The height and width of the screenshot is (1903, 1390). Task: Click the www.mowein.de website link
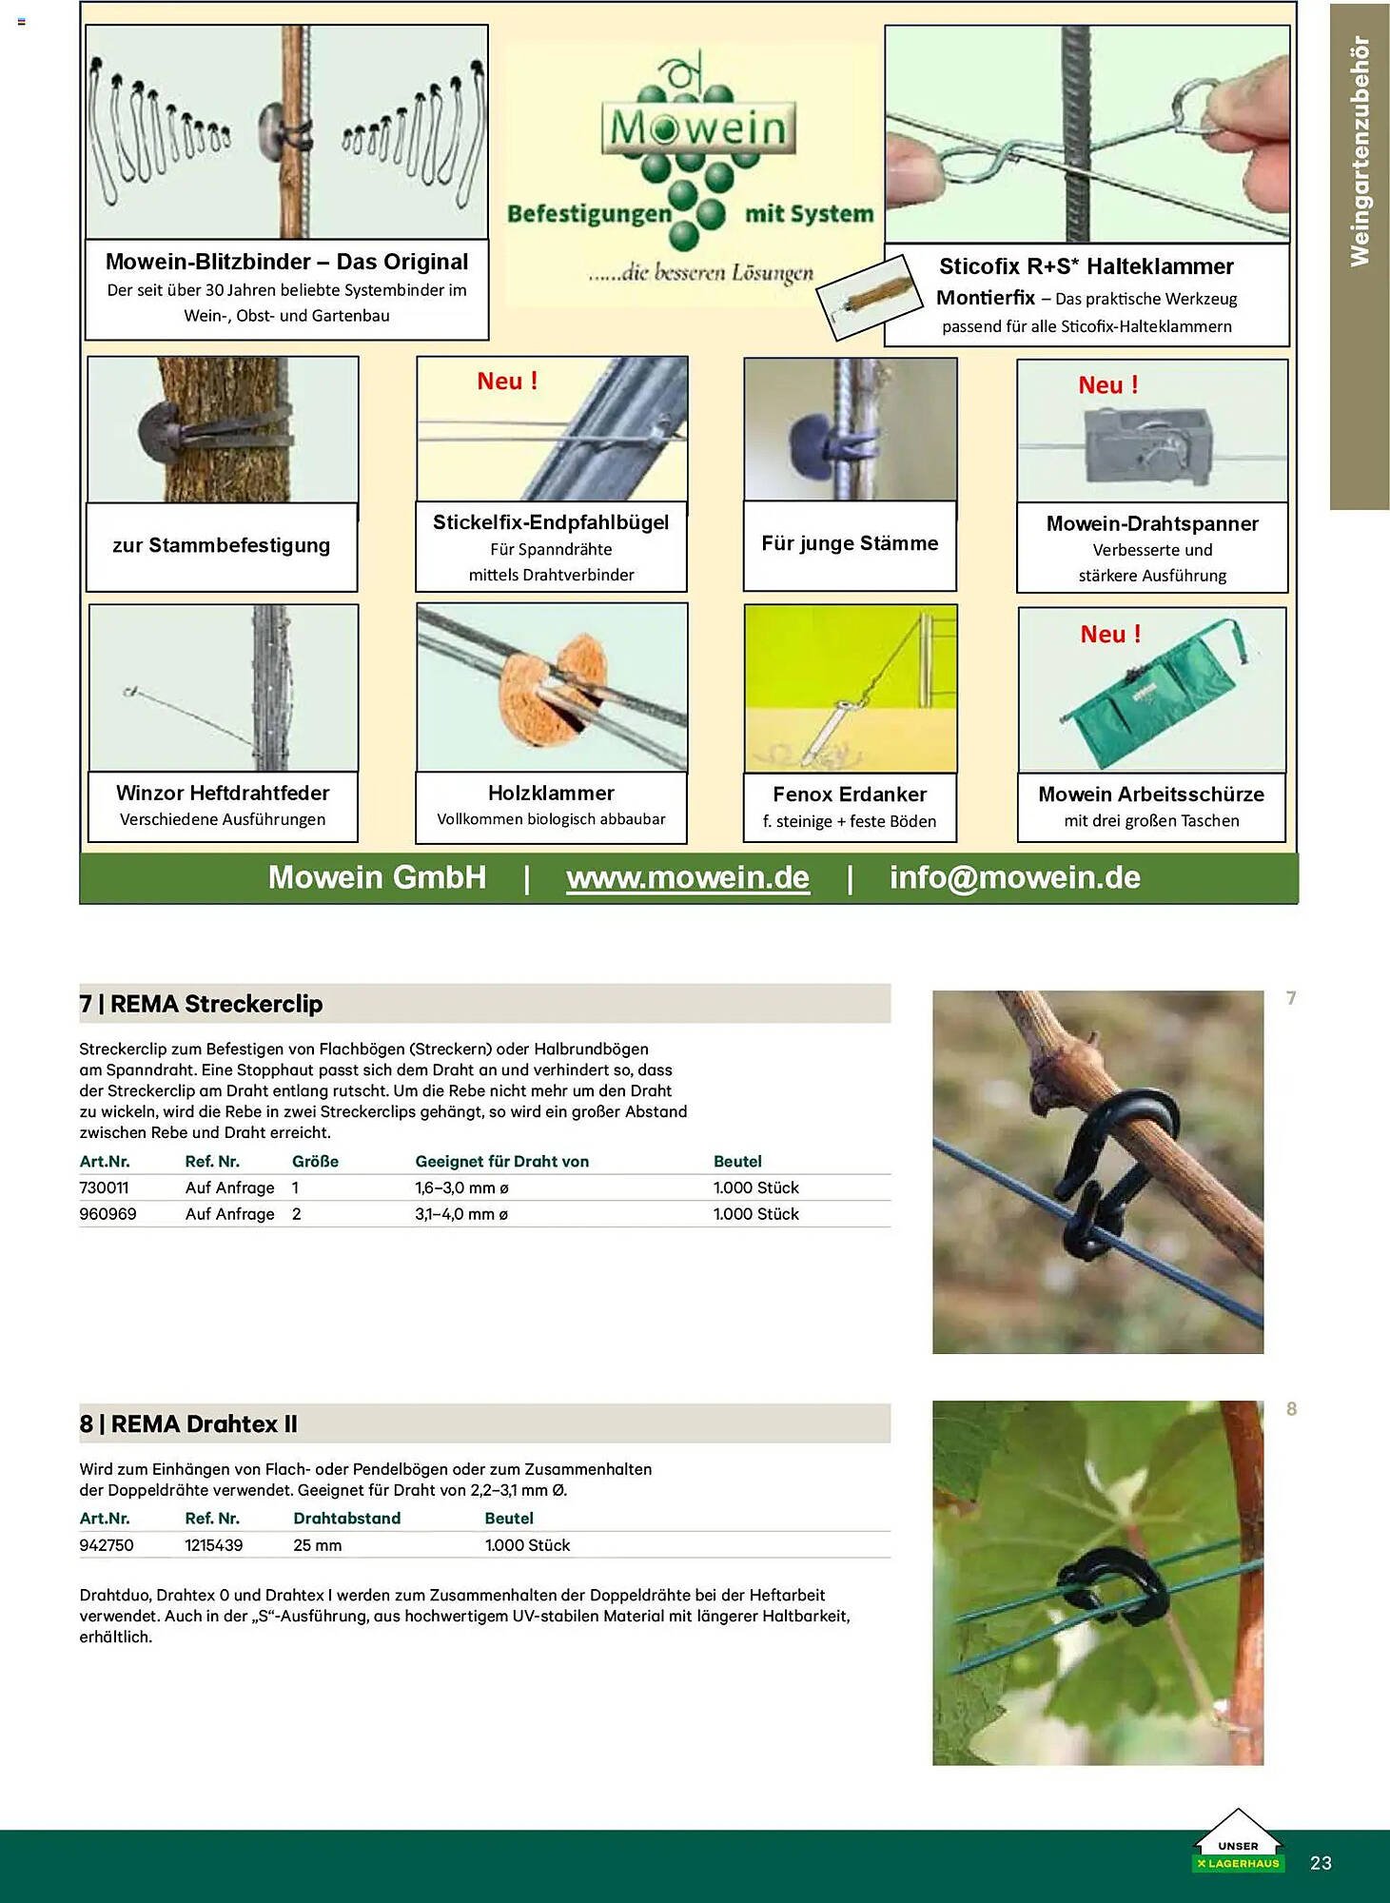687,877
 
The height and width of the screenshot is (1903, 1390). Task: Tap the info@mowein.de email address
1014,877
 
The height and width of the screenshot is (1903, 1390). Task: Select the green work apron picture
1151,690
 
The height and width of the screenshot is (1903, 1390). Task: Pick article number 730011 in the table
104,1187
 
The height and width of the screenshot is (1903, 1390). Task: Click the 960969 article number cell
108,1214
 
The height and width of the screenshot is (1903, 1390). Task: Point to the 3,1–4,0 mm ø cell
461,1214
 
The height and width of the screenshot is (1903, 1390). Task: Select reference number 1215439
213,1545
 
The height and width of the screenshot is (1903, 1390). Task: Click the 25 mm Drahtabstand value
317,1545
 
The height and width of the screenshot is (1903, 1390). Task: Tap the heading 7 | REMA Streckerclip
201,1004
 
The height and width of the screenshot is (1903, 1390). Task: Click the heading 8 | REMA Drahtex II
188,1424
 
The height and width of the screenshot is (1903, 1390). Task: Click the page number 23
1321,1863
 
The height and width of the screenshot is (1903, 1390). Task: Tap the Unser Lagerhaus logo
1238,1844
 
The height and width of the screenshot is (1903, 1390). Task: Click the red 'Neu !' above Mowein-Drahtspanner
1107,385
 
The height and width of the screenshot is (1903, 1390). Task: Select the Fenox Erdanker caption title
849,795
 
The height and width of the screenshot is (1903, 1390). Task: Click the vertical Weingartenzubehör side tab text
1360,152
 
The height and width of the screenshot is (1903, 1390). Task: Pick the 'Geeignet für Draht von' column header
501,1162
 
